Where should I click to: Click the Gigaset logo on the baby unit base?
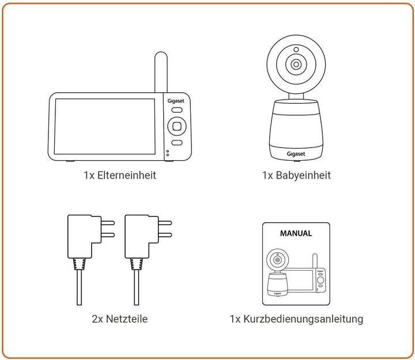[296, 154]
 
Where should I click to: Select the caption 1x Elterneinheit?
[119, 175]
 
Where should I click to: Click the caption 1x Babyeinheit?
[296, 175]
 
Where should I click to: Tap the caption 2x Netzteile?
[119, 319]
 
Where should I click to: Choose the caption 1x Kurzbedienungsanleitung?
[296, 319]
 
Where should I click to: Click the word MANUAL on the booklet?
[296, 233]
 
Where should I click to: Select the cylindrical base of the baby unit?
[296, 130]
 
